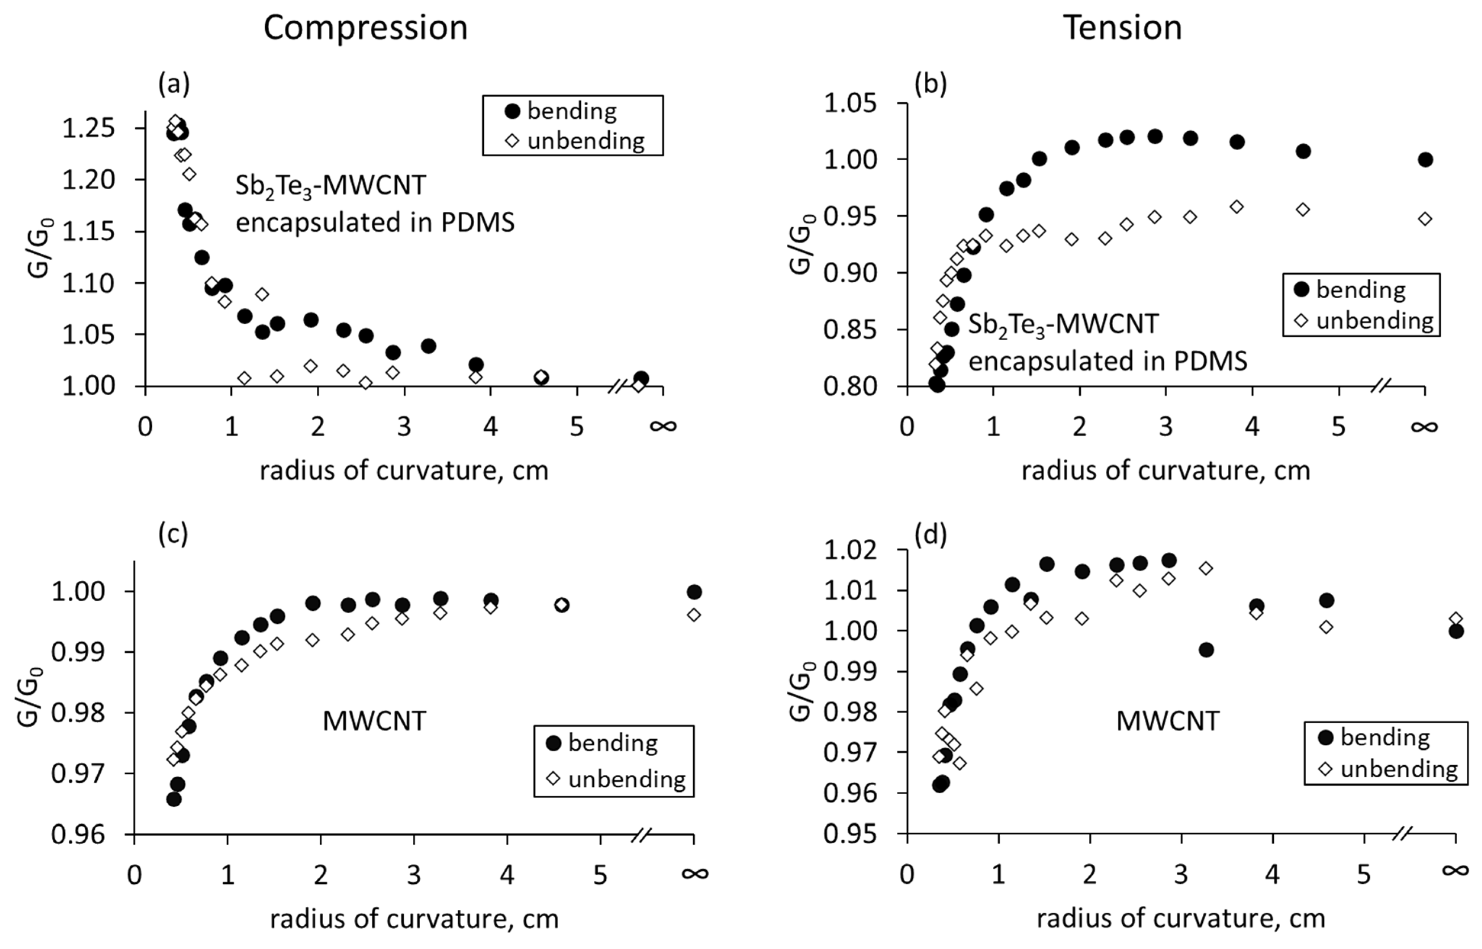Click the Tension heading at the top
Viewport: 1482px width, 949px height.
pos(1122,28)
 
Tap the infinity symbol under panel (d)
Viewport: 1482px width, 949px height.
pos(1456,870)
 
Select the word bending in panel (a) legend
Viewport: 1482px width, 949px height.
pos(572,111)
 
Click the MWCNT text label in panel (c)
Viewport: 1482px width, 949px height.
pos(374,721)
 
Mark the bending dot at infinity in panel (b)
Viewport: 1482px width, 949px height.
pos(1425,159)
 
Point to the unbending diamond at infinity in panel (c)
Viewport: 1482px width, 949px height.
pos(694,614)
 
